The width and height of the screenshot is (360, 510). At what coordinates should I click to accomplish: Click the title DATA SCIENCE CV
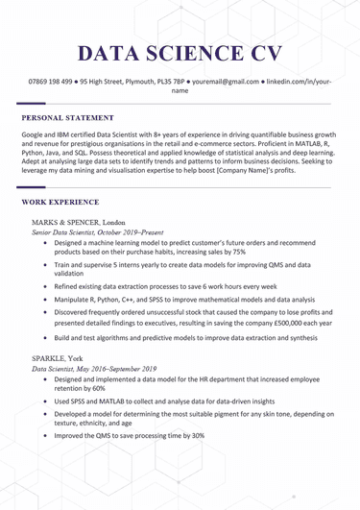(180, 53)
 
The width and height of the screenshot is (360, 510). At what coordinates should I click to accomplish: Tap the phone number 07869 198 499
(53, 84)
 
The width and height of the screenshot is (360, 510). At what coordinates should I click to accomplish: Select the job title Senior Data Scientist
(64, 232)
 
